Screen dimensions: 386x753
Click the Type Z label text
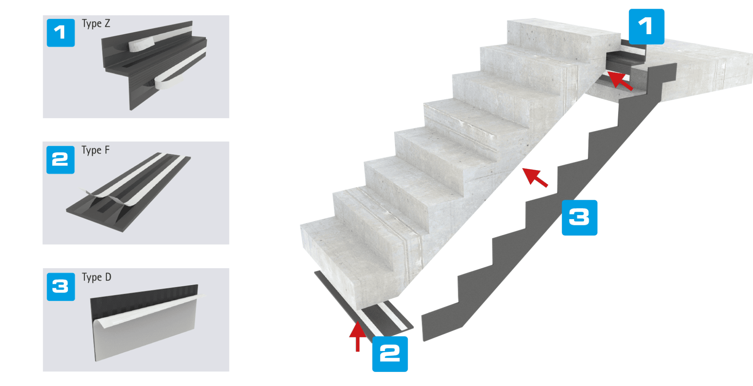click(96, 24)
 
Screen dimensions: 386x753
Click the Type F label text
click(95, 150)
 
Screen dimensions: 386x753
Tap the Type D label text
click(96, 278)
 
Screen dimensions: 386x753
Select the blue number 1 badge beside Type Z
click(60, 33)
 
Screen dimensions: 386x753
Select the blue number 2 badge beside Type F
click(60, 159)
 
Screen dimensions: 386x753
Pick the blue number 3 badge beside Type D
click(60, 287)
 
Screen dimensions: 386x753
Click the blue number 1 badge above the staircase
click(646, 27)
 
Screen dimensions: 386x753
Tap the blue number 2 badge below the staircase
click(390, 354)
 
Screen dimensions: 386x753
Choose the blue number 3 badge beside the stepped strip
click(579, 218)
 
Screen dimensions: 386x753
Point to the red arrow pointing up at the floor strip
click(357, 336)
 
